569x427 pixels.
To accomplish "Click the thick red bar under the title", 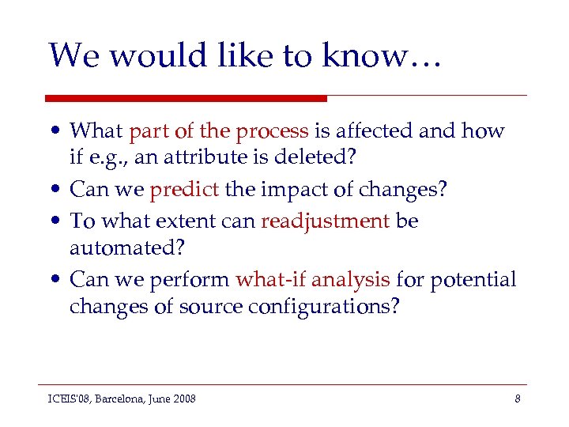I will (186, 98).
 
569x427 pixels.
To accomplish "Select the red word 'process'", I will (276, 131).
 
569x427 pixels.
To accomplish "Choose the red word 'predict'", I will (185, 191).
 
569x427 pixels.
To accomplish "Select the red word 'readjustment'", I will (325, 221).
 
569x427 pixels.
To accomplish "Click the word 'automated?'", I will (127, 248).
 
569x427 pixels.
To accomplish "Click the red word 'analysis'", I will (351, 279).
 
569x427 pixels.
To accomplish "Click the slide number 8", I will (517, 399).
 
